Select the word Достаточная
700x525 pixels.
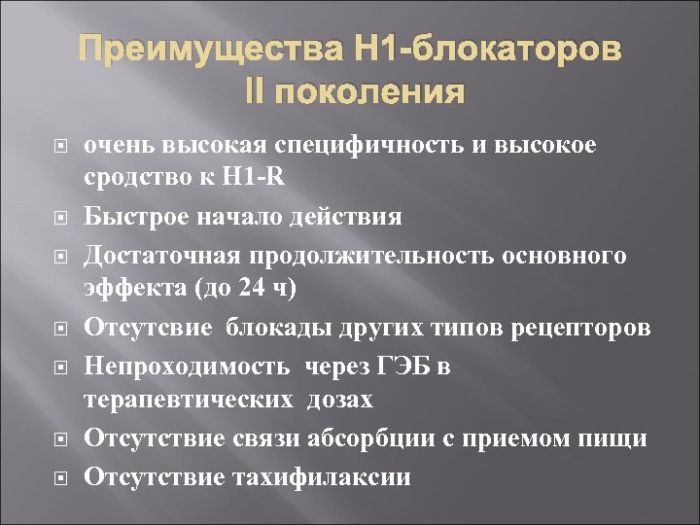pyautogui.click(x=163, y=255)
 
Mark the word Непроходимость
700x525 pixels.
pyautogui.click(x=187, y=366)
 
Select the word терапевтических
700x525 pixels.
pyautogui.click(x=190, y=400)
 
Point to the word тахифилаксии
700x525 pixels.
pyautogui.click(x=322, y=477)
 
